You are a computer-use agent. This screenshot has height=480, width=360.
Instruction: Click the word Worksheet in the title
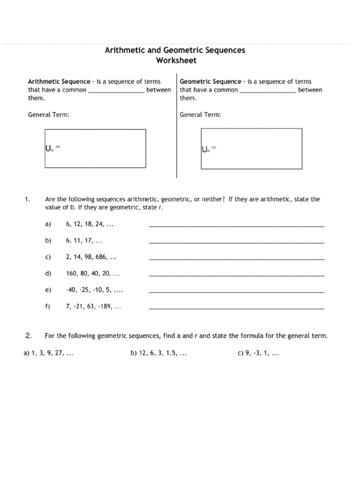(x=176, y=60)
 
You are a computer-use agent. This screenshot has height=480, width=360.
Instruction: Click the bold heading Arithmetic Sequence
(x=59, y=82)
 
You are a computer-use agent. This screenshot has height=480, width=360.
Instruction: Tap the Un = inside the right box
(x=209, y=149)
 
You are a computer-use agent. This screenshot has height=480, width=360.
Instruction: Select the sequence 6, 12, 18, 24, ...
(x=90, y=225)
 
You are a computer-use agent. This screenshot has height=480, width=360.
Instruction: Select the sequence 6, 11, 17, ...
(x=84, y=241)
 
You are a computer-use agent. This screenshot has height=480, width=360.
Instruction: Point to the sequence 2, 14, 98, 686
(x=91, y=257)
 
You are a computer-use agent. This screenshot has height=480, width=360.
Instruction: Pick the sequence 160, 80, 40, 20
(x=93, y=274)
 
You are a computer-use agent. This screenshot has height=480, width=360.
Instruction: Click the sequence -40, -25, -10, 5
(x=94, y=290)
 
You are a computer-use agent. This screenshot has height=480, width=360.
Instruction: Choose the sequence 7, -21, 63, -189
(x=94, y=307)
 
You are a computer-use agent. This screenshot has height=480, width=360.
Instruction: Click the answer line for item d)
(x=236, y=275)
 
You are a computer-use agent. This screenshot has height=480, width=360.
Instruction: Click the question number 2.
(x=28, y=336)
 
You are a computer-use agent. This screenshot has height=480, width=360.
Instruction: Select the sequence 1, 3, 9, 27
(x=49, y=354)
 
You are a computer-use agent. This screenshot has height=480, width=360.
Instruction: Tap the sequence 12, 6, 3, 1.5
(x=159, y=354)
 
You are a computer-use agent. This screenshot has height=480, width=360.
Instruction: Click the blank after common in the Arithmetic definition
(x=116, y=90)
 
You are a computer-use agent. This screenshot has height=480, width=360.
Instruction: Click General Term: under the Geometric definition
(x=201, y=114)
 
